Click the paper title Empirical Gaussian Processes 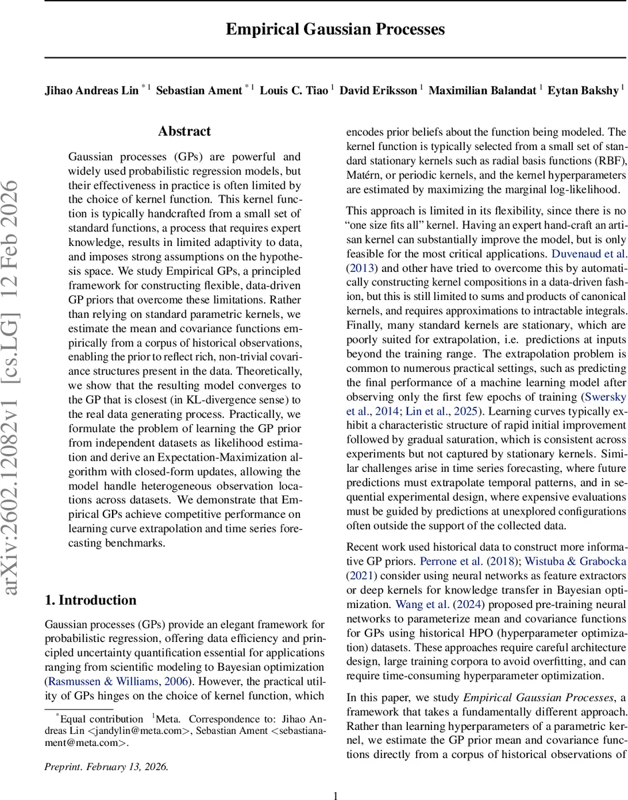335,29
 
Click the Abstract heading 184,131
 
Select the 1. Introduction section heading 90,600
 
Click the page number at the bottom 335,777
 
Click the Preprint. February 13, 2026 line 107,748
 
